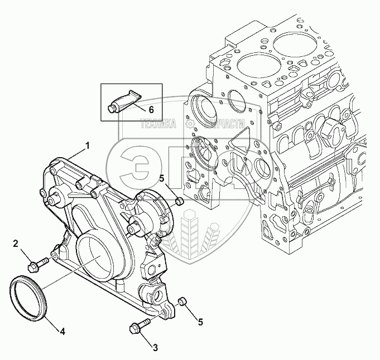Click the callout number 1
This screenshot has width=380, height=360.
pyautogui.click(x=87, y=145)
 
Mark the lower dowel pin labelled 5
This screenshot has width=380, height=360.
pyautogui.click(x=181, y=302)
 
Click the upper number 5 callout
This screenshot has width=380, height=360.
pyautogui.click(x=162, y=179)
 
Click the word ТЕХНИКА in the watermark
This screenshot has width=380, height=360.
pyautogui.click(x=158, y=126)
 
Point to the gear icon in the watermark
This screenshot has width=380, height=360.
pyautogui.click(x=191, y=125)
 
